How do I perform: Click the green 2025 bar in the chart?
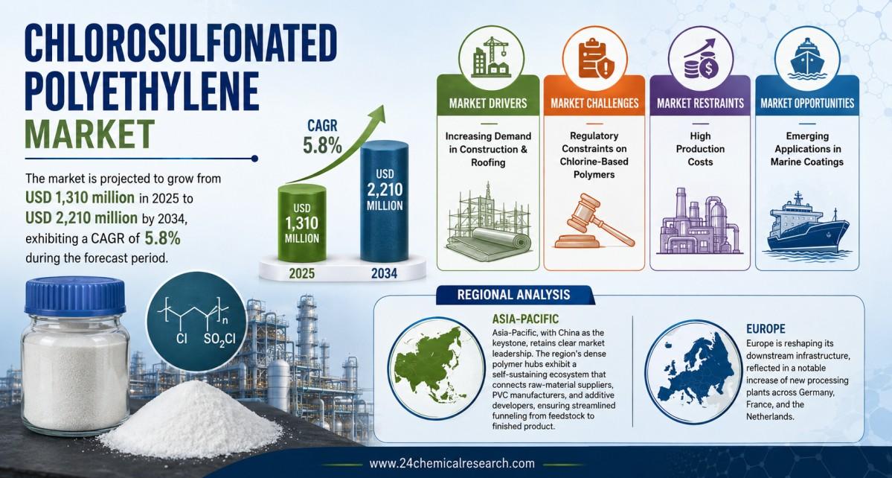click(x=301, y=223)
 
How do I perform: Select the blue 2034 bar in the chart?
click(x=384, y=202)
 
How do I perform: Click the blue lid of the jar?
click(x=74, y=296)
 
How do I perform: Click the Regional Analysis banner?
click(x=513, y=295)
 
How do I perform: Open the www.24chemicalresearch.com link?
click(x=452, y=464)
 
